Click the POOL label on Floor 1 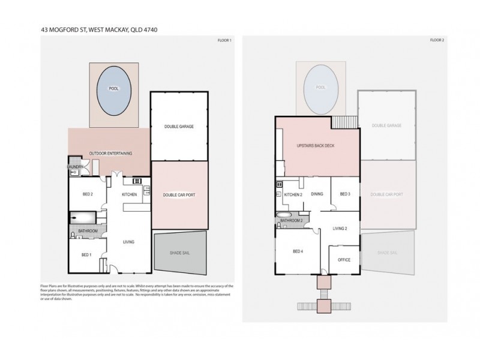113,89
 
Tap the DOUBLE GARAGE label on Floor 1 179,126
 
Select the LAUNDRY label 74,167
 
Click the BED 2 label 88,194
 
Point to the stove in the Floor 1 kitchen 136,181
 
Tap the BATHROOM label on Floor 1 88,230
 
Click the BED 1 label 87,255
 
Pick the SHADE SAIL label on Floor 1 179,253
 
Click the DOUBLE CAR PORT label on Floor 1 179,194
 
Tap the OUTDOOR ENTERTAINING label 110,154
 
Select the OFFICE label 344,260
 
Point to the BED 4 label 298,251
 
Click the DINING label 317,194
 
